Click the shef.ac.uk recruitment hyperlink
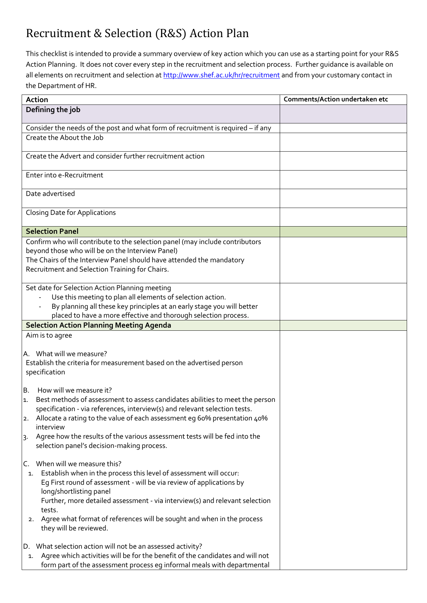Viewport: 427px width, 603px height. (x=221, y=75)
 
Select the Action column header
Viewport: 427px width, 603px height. (x=37, y=100)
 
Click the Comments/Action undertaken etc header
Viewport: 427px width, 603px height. (x=335, y=99)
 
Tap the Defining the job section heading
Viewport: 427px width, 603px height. (x=53, y=110)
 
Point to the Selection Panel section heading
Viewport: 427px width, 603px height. (x=52, y=231)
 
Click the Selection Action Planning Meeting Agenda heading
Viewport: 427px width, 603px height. (x=98, y=325)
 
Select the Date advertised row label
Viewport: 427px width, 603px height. (x=50, y=194)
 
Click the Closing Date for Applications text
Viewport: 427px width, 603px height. (x=71, y=213)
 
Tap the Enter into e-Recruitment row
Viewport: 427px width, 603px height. (x=64, y=175)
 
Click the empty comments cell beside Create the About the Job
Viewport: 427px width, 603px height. (x=343, y=142)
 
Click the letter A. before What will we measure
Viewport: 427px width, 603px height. (x=26, y=354)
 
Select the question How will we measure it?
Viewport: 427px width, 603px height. (x=75, y=391)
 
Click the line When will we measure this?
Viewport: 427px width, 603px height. (x=78, y=464)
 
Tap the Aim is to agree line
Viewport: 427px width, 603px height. (x=49, y=336)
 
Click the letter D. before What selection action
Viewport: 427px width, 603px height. (x=26, y=547)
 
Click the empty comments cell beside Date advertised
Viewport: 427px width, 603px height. (x=343, y=198)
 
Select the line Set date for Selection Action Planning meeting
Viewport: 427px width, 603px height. (x=98, y=288)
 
